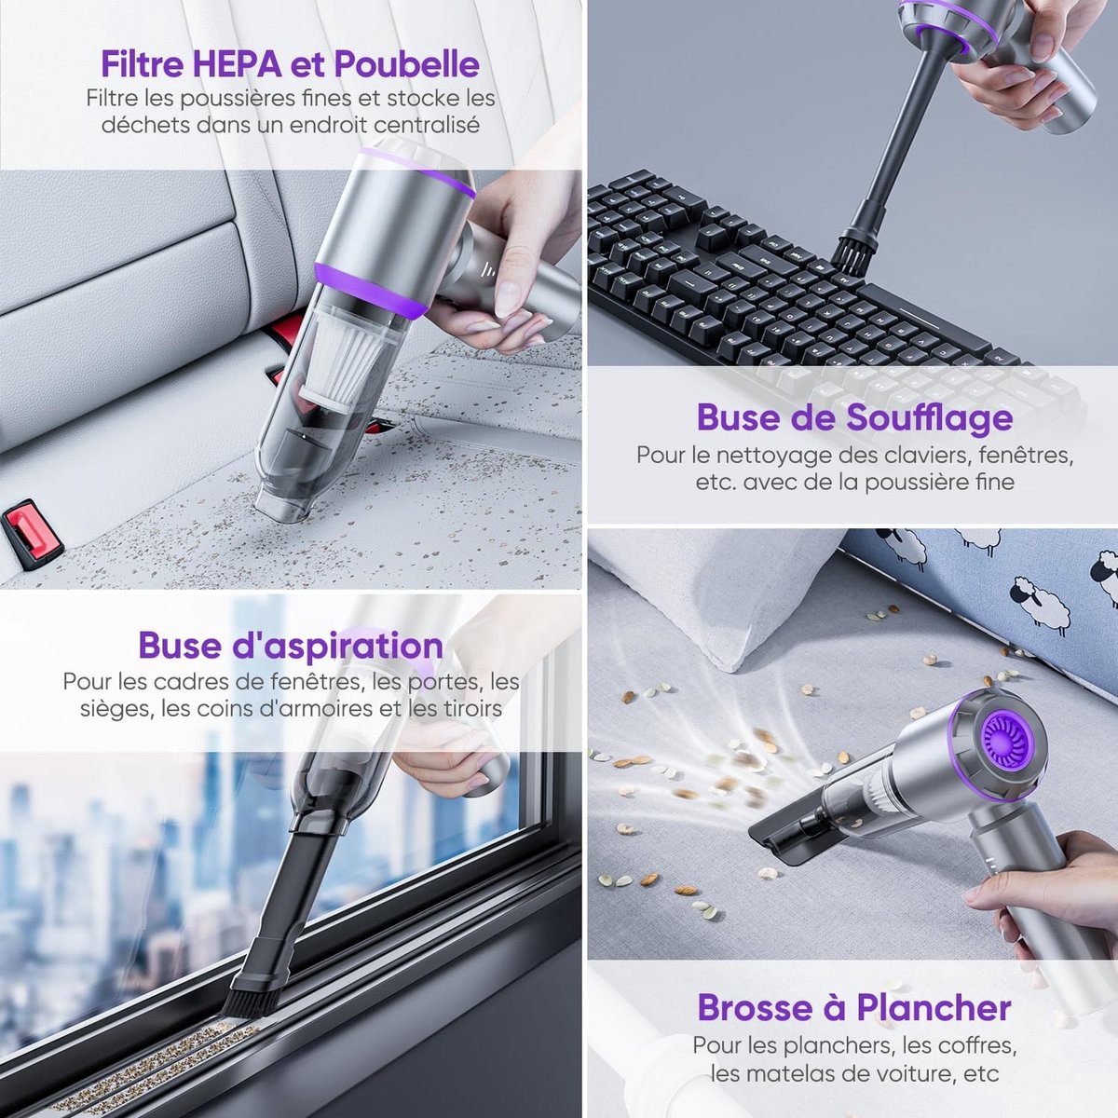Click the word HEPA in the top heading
(236, 64)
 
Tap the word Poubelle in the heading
(407, 64)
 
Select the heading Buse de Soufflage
(854, 418)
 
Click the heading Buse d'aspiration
(291, 645)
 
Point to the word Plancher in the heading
(934, 1008)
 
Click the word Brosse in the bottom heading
(755, 1008)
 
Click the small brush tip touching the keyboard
(854, 253)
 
